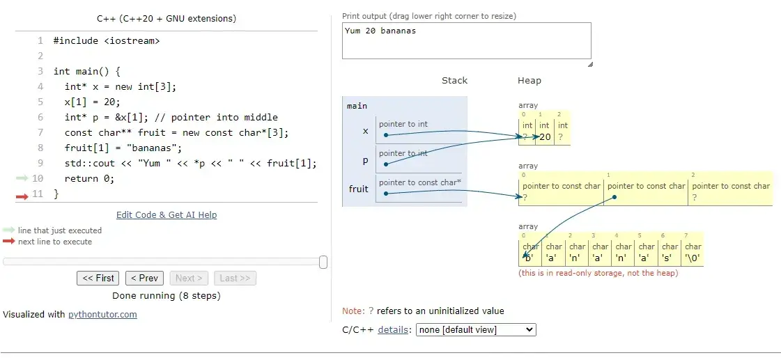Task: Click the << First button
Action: [x=98, y=278]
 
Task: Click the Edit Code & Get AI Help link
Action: [x=167, y=214]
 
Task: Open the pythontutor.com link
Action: [x=102, y=314]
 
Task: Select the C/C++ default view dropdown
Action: [x=476, y=329]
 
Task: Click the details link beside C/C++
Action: [x=392, y=329]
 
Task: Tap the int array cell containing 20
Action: [x=545, y=132]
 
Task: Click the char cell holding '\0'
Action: [x=693, y=252]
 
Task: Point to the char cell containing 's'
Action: [x=670, y=252]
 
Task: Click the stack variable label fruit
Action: [x=358, y=189]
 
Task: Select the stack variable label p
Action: [x=365, y=159]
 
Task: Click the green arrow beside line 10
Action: [x=23, y=178]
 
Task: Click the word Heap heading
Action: [x=529, y=80]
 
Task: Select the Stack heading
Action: [x=454, y=80]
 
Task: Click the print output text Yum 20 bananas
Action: [x=380, y=31]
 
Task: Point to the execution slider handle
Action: [x=323, y=262]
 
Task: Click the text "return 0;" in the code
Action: [x=89, y=178]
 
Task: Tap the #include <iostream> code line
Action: [x=107, y=40]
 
